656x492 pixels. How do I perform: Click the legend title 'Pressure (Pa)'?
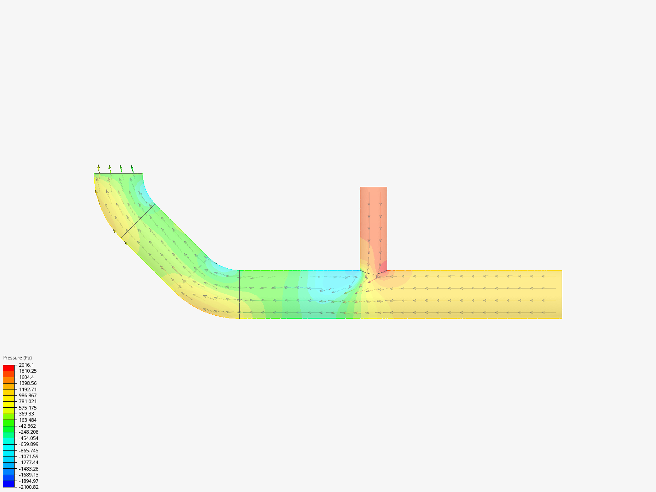17,358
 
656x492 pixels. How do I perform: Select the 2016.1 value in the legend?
26,365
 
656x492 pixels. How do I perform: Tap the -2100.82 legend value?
29,487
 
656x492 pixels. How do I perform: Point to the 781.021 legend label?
28,401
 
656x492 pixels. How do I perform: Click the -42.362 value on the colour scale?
27,426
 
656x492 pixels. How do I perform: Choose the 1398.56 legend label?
28,383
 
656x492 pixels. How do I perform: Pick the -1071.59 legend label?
29,456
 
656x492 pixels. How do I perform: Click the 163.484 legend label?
28,420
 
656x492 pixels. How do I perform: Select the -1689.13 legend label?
29,475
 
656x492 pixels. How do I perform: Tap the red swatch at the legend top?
9,368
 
